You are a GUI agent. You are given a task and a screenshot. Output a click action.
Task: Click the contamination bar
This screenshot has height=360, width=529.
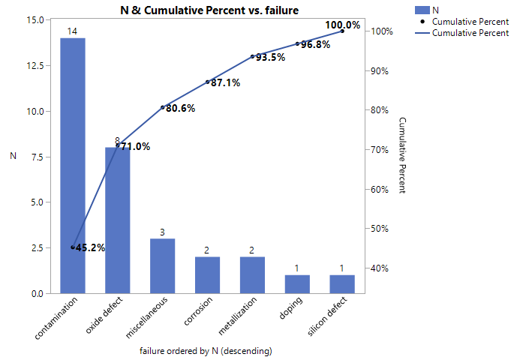tap(73, 165)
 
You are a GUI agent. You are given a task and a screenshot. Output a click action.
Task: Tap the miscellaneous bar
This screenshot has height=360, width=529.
tap(163, 265)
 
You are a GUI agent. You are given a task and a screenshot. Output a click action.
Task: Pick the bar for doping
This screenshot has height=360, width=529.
tap(297, 284)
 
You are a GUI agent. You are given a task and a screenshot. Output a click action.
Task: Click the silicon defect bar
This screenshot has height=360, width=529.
tap(342, 284)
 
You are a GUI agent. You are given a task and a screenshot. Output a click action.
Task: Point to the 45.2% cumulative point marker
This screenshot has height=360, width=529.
tap(73, 247)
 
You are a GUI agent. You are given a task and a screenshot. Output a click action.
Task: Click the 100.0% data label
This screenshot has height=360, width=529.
tap(342, 25)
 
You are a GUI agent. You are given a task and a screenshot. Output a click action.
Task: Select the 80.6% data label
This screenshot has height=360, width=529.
tap(180, 108)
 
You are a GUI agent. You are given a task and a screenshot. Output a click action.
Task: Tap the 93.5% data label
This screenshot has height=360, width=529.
tap(270, 57)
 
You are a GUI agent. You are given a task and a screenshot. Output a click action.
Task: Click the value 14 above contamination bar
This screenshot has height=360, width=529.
tap(73, 31)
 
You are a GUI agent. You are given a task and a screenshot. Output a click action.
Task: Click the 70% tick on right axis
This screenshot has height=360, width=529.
tap(379, 150)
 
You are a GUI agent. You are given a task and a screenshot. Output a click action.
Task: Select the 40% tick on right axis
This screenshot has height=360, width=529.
tap(379, 268)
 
